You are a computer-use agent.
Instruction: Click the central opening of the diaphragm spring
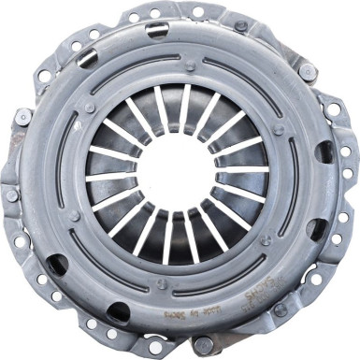point(178,173)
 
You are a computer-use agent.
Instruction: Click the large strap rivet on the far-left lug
point(22,117)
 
